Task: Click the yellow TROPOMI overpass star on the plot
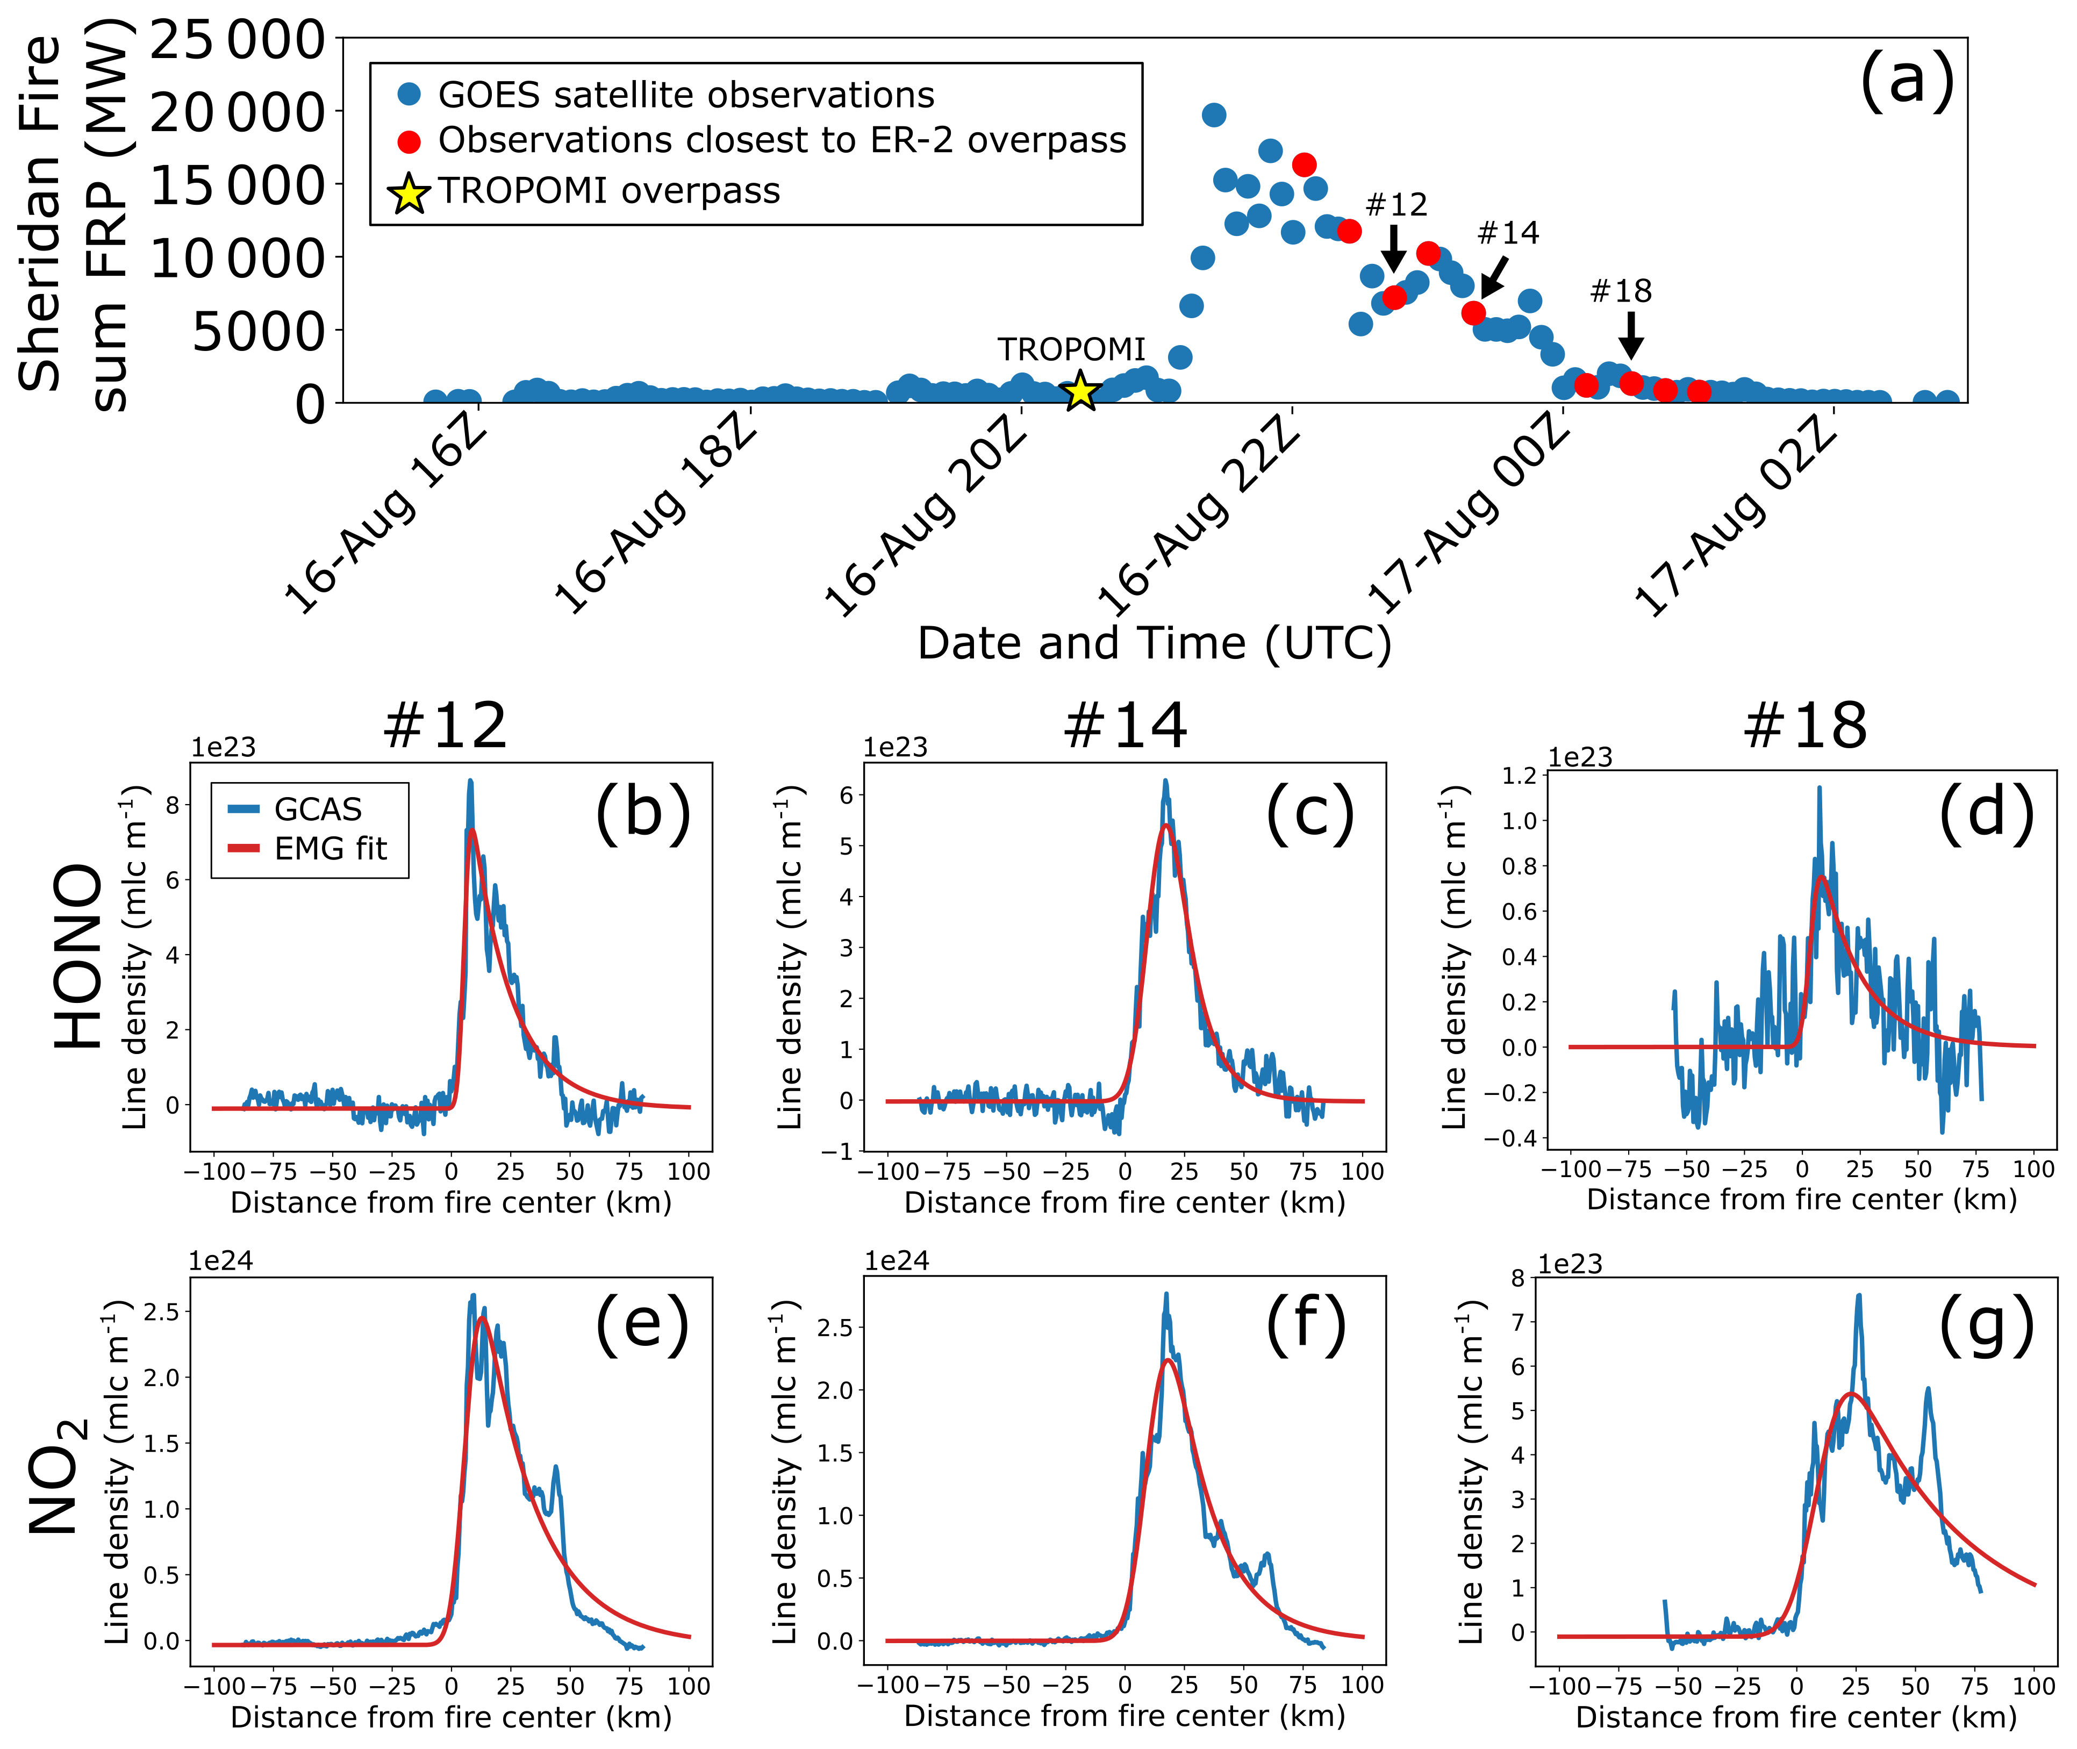click(1080, 392)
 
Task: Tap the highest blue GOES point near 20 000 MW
click(1214, 115)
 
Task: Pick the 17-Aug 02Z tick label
click(1735, 515)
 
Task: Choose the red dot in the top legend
click(409, 142)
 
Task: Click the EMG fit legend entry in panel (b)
click(330, 849)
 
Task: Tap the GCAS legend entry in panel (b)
click(317, 809)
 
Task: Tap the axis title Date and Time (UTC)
click(1154, 643)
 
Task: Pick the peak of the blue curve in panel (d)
click(1819, 789)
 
